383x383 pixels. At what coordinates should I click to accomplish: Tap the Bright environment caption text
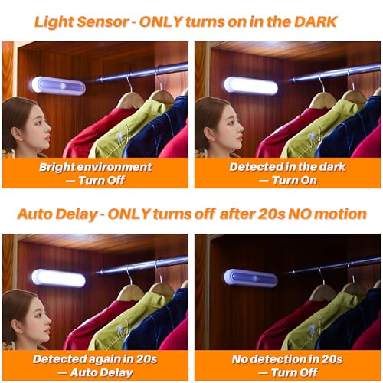(96, 166)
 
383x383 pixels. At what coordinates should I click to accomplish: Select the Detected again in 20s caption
(96, 358)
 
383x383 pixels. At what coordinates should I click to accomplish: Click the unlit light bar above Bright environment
(59, 84)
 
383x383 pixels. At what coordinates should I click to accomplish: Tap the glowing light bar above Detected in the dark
(250, 85)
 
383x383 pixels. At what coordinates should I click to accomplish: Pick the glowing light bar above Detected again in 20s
(59, 277)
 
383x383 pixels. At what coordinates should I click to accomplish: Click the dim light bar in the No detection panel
(250, 277)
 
